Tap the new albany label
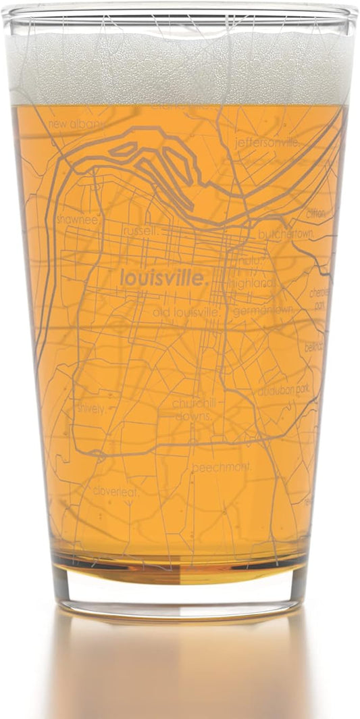[76, 125]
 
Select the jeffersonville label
[265, 143]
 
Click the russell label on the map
[142, 231]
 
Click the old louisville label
[187, 313]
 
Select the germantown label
[263, 311]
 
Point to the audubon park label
[283, 390]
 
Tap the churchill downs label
[192, 410]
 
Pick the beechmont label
[222, 468]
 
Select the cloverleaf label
[115, 491]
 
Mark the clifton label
[314, 214]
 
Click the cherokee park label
[318, 299]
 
